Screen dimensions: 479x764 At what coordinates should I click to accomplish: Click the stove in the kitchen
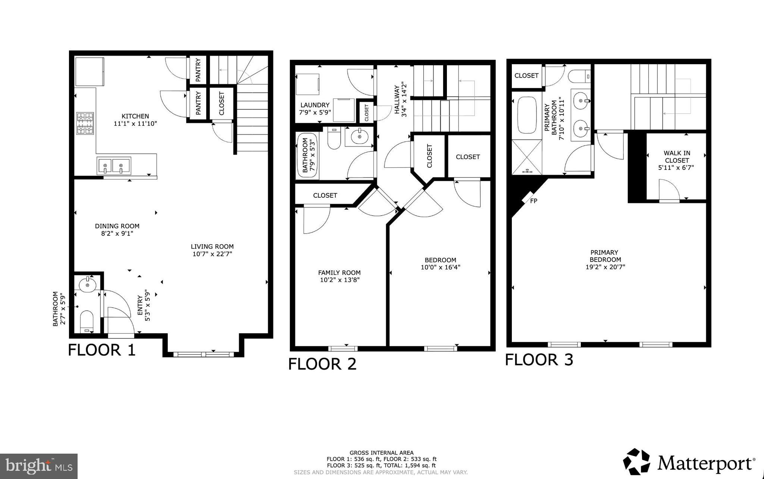pos(85,123)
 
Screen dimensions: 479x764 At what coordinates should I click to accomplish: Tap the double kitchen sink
pos(114,166)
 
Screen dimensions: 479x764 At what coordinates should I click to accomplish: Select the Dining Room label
pos(117,226)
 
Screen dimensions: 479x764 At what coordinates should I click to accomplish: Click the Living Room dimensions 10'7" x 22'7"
pos(212,254)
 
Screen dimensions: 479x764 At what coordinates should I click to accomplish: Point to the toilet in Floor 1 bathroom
pos(86,321)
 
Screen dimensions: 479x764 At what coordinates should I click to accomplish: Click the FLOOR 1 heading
pos(102,350)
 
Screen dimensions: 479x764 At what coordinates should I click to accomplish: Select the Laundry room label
pos(314,105)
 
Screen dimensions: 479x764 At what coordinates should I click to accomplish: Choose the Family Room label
pos(339,273)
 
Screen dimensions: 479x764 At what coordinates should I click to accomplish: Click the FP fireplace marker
pos(533,201)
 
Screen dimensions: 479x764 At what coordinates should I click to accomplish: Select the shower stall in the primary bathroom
pos(527,157)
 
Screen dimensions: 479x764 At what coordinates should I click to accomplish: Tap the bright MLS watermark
pos(39,466)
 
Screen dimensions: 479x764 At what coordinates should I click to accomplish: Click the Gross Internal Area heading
pos(381,453)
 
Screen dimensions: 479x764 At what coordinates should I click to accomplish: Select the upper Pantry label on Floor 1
pos(198,70)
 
